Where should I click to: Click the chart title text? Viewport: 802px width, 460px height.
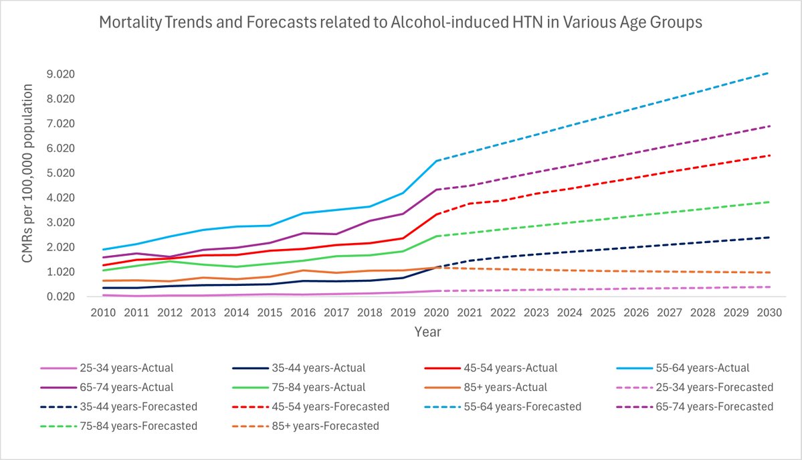(401, 23)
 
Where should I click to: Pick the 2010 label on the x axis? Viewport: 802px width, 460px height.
(102, 313)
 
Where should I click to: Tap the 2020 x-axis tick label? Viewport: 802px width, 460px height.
(436, 313)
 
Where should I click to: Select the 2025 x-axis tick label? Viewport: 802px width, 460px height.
(603, 313)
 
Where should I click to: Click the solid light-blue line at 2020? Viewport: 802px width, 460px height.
(436, 161)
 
